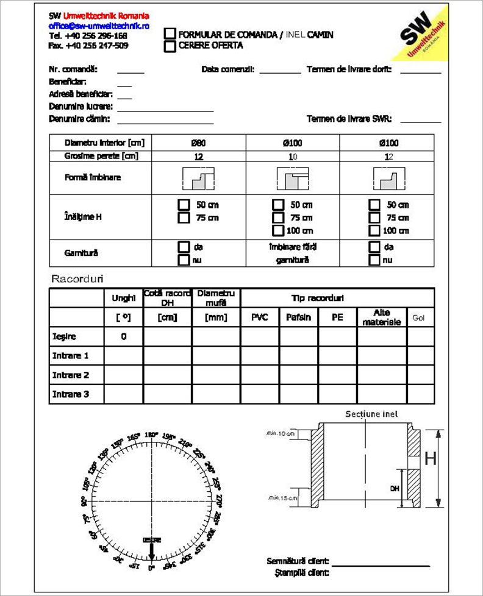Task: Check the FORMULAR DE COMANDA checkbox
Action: (170, 35)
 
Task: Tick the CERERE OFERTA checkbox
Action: (170, 45)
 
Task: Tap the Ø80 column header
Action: (198, 143)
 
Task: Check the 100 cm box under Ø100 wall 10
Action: (278, 230)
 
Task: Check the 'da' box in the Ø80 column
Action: (183, 247)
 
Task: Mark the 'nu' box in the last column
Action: (374, 260)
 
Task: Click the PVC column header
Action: (260, 318)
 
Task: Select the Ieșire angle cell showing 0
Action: (124, 336)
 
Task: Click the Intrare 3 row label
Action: (71, 394)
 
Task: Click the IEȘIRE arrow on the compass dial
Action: (151, 550)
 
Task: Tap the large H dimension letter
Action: (431, 458)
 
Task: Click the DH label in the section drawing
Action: (395, 488)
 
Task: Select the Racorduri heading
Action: (77, 279)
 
